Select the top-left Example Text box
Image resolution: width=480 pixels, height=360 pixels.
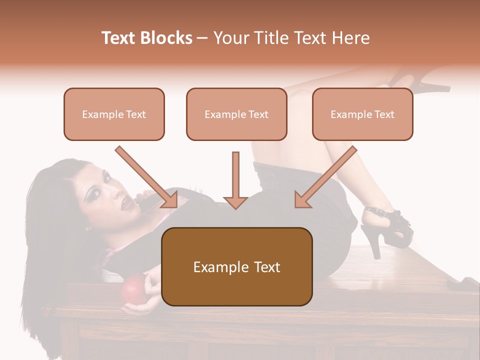pyautogui.click(x=114, y=114)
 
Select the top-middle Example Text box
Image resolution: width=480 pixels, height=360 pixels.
pyautogui.click(x=236, y=114)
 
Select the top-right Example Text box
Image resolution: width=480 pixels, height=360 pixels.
pyautogui.click(x=362, y=114)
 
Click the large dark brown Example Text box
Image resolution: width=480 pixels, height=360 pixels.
pyautogui.click(x=236, y=266)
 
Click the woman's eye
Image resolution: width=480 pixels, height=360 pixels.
pyautogui.click(x=106, y=177)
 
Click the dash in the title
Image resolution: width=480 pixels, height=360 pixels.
pyautogui.click(x=203, y=38)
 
